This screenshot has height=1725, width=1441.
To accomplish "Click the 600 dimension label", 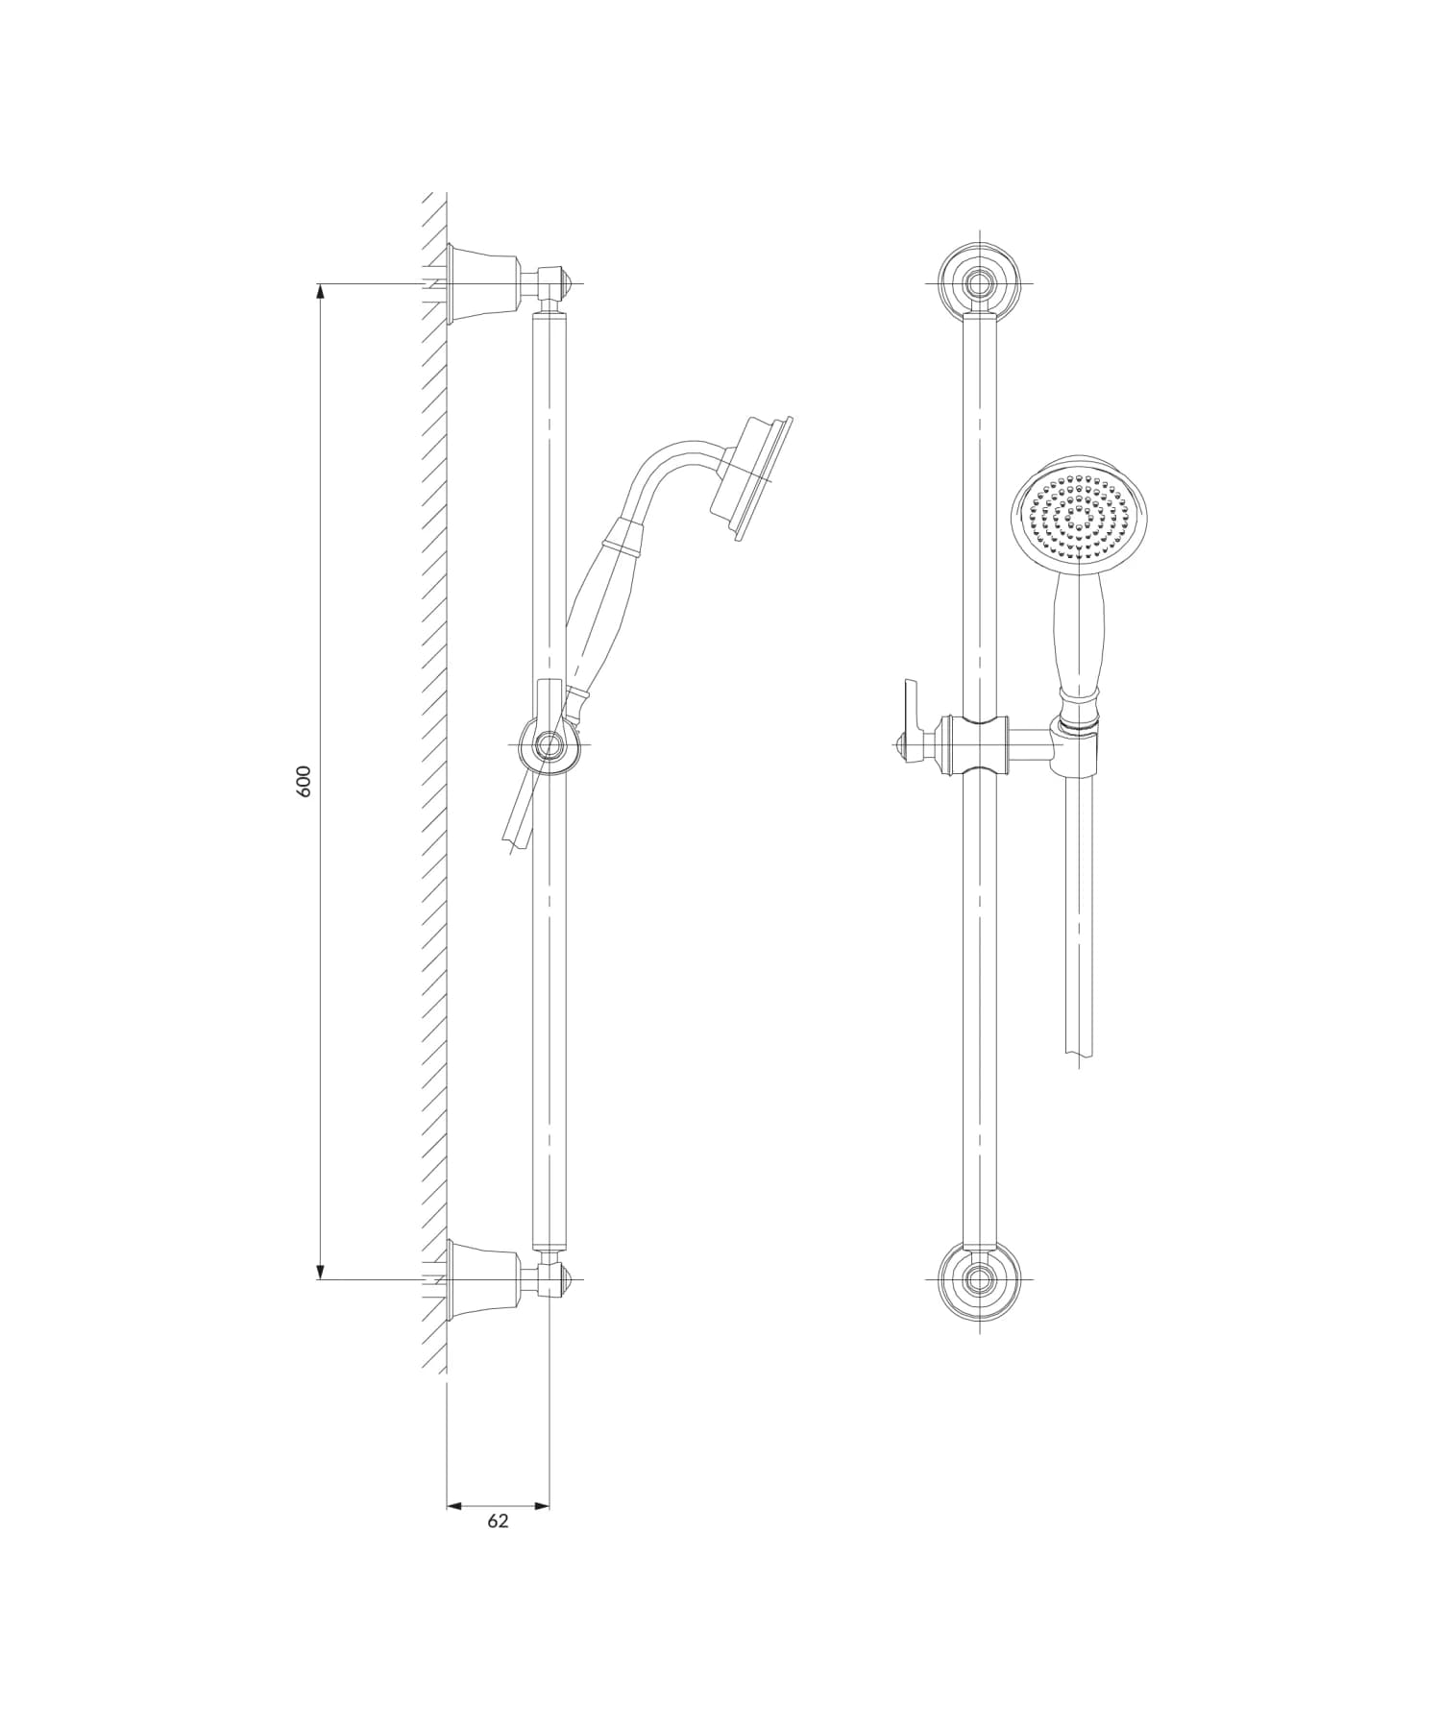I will pyautogui.click(x=305, y=782).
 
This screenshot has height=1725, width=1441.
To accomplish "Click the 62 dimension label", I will pyautogui.click(x=498, y=1520).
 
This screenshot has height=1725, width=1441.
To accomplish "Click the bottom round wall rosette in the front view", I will pyautogui.click(x=980, y=1280).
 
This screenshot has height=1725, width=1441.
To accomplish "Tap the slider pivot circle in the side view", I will pyautogui.click(x=550, y=744).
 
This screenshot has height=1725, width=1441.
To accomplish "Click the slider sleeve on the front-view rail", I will pyautogui.click(x=979, y=744).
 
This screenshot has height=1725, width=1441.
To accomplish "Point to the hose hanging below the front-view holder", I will pyautogui.click(x=1079, y=912).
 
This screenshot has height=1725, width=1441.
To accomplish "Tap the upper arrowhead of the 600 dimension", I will pyautogui.click(x=320, y=292).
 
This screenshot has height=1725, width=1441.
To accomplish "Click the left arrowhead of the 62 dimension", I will pyautogui.click(x=455, y=1506).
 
